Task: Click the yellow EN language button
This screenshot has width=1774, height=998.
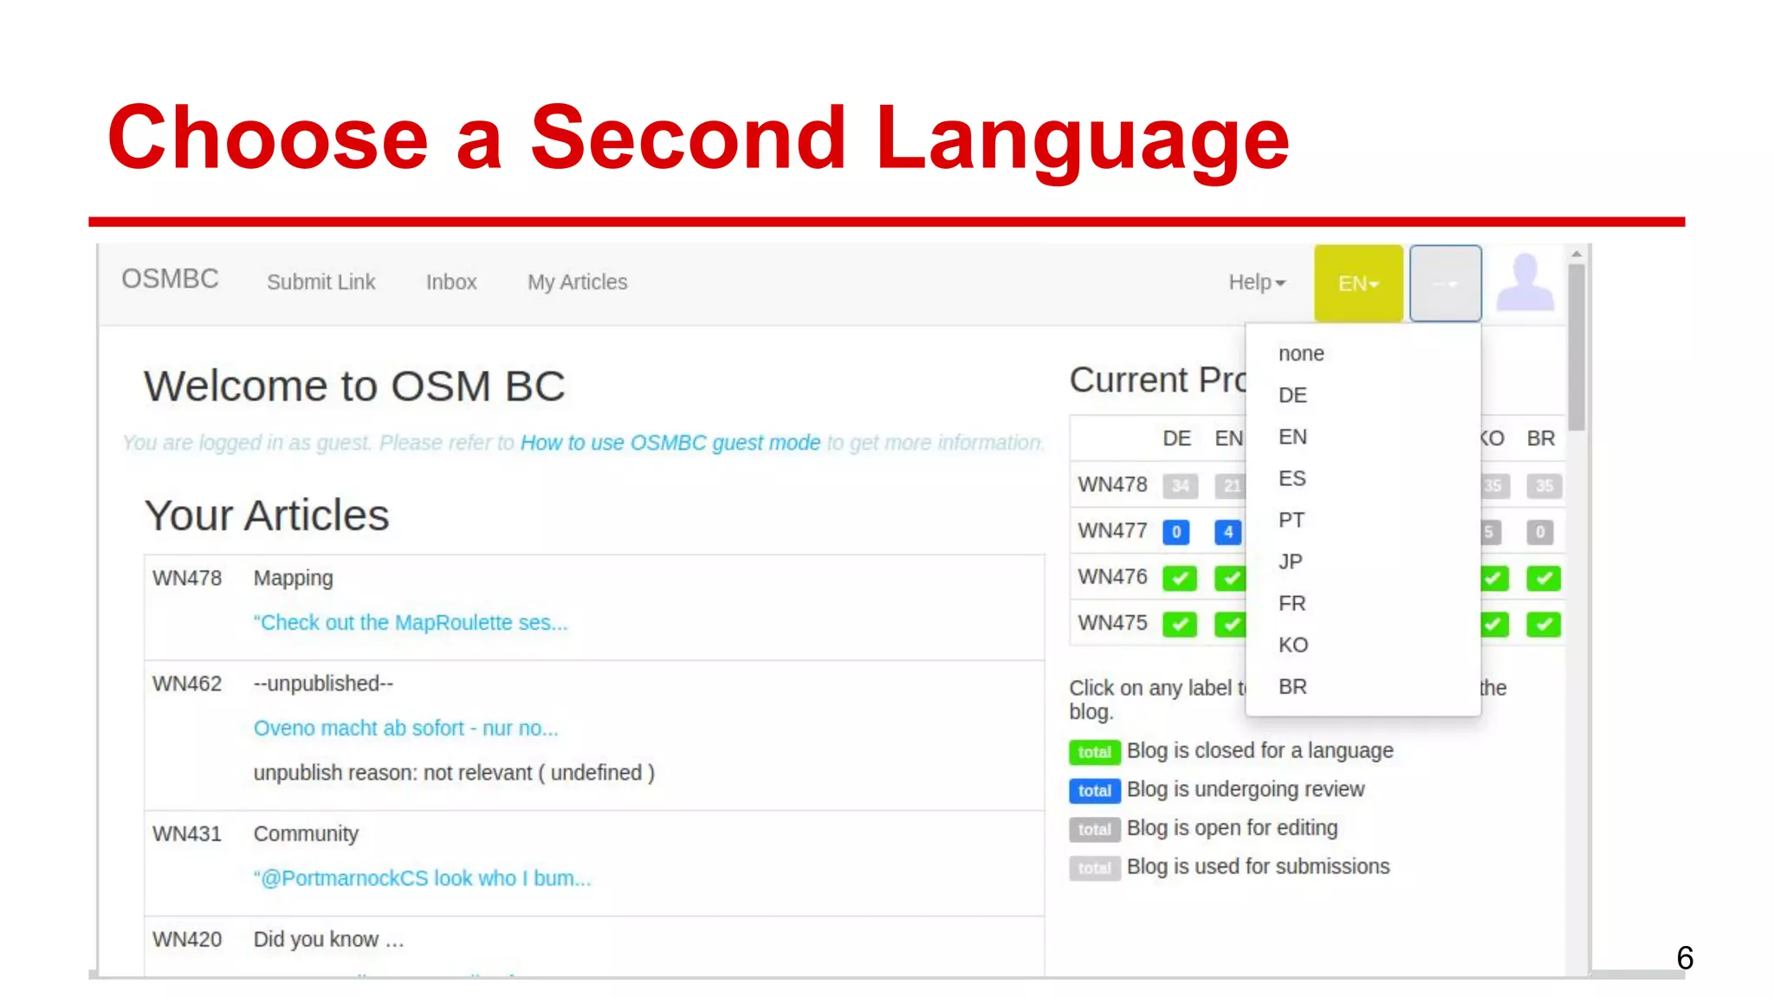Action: point(1357,283)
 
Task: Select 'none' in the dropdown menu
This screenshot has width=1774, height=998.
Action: point(1301,353)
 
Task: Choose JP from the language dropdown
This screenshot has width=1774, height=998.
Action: point(1291,561)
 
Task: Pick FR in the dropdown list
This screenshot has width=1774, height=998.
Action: point(1292,603)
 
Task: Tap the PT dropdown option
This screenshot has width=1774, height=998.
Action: point(1292,520)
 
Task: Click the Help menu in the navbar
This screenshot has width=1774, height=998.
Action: point(1256,282)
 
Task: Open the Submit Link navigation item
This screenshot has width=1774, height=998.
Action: point(320,282)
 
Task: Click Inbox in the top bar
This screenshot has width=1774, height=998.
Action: point(451,282)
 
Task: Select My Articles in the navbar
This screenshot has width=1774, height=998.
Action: point(577,282)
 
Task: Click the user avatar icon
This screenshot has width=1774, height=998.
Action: point(1525,282)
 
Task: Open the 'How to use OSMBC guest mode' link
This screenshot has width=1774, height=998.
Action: point(670,443)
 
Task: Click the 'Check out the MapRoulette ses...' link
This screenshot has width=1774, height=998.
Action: point(410,623)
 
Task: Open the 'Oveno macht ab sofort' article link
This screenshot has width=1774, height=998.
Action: point(405,729)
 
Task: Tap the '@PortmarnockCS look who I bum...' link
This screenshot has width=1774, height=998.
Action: point(422,878)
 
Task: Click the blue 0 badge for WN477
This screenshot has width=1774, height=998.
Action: point(1176,532)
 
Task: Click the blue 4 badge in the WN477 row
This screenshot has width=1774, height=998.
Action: point(1227,532)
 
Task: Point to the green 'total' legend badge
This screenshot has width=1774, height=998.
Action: point(1094,752)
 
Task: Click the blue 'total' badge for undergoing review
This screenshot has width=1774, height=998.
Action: point(1094,791)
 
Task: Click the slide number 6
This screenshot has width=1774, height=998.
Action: point(1684,958)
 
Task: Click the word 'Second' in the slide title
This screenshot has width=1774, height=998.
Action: point(688,139)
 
